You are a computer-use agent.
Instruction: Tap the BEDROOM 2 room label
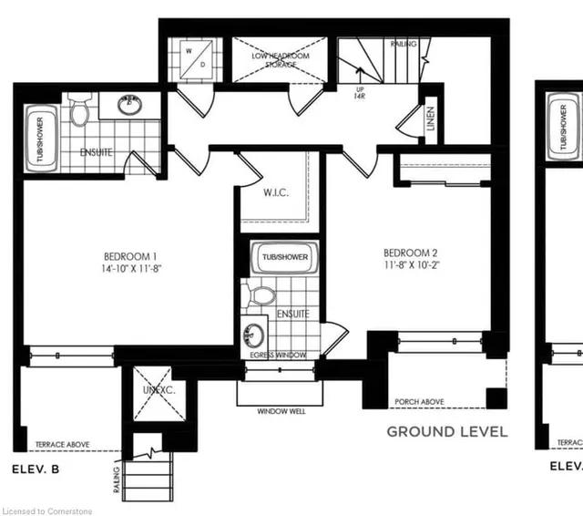(x=412, y=253)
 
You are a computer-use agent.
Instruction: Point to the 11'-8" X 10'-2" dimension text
(x=412, y=266)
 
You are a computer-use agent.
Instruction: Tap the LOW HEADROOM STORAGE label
(x=281, y=60)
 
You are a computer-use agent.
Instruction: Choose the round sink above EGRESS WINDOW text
(x=256, y=333)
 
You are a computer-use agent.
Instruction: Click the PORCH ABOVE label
(x=420, y=402)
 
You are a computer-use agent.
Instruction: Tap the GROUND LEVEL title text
(x=447, y=431)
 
